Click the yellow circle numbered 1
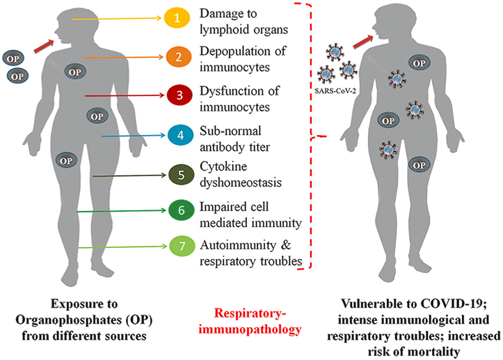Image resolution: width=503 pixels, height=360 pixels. (x=177, y=19)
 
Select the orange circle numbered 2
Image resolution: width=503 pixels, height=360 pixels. (x=177, y=57)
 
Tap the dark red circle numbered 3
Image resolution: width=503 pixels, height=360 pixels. (x=177, y=95)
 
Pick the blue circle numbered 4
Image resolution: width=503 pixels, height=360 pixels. (x=177, y=134)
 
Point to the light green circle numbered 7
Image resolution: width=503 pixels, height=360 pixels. (x=177, y=246)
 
